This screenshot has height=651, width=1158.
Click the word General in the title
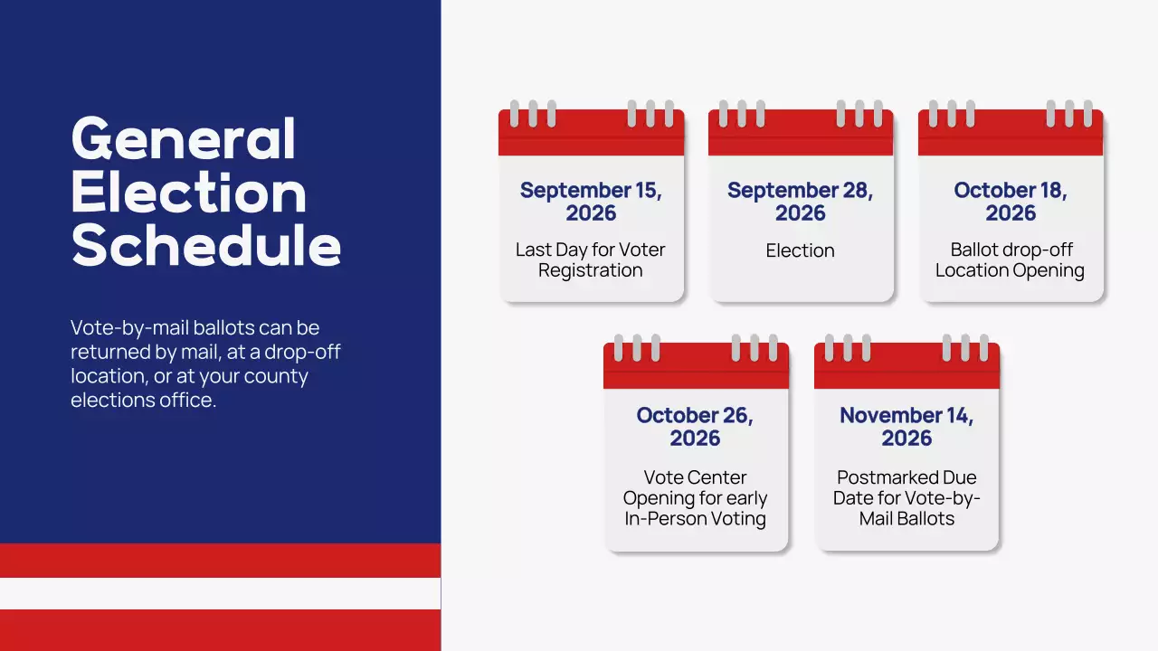pyautogui.click(x=184, y=140)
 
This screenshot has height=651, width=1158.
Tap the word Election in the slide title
pyautogui.click(x=189, y=193)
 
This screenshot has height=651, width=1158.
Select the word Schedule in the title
pyautogui.click(x=206, y=244)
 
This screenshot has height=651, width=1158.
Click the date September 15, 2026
pyautogui.click(x=591, y=202)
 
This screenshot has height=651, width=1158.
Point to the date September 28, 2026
pyautogui.click(x=801, y=202)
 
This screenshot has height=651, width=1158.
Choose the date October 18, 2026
pyautogui.click(x=1011, y=202)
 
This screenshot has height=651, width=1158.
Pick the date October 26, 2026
pyautogui.click(x=695, y=427)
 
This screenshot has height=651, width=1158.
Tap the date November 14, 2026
pyautogui.click(x=906, y=427)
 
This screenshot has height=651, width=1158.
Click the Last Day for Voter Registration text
pyautogui.click(x=591, y=260)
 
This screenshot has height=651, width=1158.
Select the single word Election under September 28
pyautogui.click(x=801, y=250)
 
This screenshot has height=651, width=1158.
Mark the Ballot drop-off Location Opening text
pyautogui.click(x=1010, y=260)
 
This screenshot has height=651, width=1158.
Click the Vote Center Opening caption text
pyautogui.click(x=695, y=498)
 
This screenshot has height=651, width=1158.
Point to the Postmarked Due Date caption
pyautogui.click(x=906, y=498)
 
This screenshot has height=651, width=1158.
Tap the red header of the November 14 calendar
pyautogui.click(x=906, y=372)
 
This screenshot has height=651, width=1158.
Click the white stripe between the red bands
pyautogui.click(x=220, y=593)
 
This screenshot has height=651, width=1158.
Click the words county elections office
pyautogui.click(x=189, y=388)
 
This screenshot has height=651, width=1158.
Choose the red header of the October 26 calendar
pyautogui.click(x=696, y=372)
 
